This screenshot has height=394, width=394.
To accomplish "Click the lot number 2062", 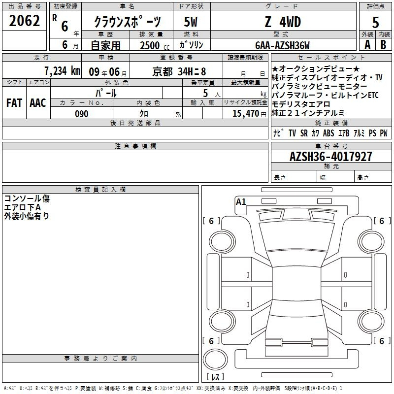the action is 24,21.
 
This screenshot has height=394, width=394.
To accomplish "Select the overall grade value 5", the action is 375,22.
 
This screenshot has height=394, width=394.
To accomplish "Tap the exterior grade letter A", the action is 367,45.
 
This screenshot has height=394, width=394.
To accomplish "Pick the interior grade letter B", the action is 383,45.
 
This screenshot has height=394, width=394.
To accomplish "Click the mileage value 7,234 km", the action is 62,71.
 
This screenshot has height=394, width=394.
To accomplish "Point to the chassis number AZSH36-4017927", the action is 330,157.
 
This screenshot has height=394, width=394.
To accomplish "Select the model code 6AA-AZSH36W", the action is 282,45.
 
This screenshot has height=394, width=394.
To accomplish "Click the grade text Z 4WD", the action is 283,22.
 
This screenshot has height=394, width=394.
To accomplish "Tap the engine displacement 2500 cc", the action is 155,45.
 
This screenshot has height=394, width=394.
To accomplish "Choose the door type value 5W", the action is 191,22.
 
